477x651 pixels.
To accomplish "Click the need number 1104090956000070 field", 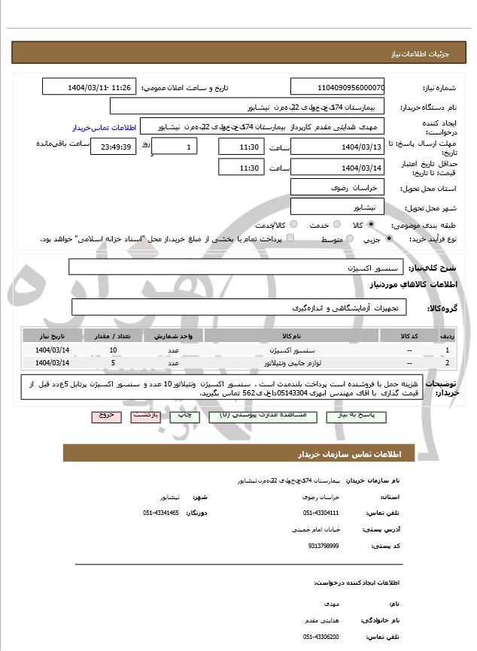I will [338, 87].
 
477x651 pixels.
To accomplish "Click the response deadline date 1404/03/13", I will [338, 147].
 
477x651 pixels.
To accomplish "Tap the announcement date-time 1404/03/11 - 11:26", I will [90, 87].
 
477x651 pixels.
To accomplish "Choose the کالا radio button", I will [371, 225].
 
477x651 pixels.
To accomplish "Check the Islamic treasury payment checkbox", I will [290, 239].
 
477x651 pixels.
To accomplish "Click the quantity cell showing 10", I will [114, 350].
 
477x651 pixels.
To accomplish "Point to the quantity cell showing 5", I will [114, 362].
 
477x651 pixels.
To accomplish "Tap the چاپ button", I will [182, 415].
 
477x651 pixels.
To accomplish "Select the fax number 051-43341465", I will [161, 513].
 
